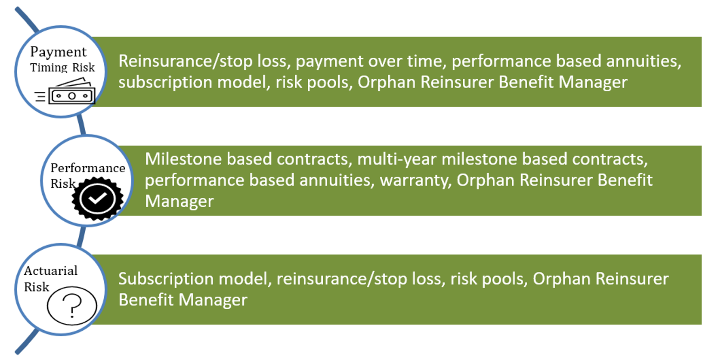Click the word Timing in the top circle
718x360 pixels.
coord(48,68)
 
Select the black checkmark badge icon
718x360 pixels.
coord(97,199)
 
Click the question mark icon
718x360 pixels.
coord(72,305)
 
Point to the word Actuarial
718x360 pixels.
coord(51,271)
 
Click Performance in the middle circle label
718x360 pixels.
coord(88,168)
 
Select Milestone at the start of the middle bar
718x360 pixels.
coord(183,159)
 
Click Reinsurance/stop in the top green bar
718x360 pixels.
coord(185,61)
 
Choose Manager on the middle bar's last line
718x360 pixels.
coord(179,202)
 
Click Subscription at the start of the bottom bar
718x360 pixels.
coord(166,279)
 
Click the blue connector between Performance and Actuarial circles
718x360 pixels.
coord(81,236)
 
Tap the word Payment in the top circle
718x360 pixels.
coord(59,52)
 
